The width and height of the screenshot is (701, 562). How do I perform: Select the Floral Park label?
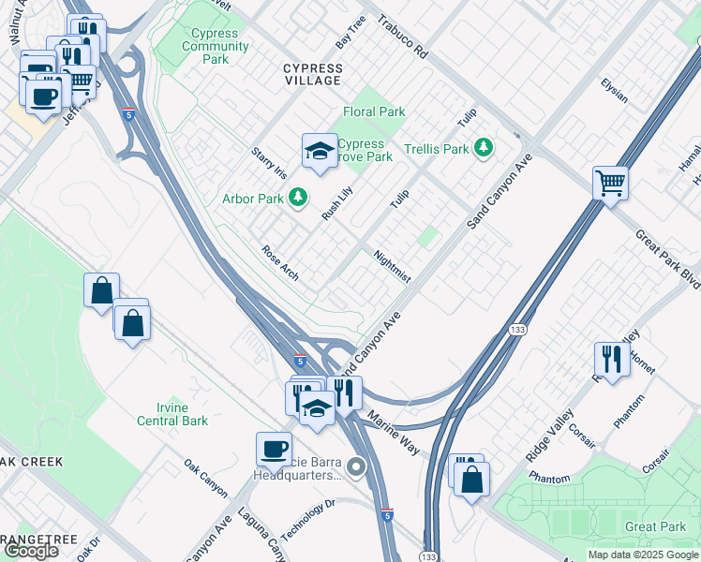[x=374, y=111]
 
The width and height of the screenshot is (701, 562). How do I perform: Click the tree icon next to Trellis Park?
[x=483, y=148]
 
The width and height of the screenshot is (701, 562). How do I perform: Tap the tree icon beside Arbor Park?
[x=297, y=197]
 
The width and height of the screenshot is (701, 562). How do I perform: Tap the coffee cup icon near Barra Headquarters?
[x=275, y=449]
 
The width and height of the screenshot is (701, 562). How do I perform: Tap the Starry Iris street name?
[x=268, y=162]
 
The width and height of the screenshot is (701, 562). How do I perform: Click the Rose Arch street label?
[x=280, y=263]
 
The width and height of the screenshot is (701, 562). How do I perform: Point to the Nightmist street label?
[x=392, y=265]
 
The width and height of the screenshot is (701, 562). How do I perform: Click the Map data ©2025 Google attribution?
[x=643, y=555]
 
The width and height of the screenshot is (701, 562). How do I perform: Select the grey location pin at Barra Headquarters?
[x=355, y=466]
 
